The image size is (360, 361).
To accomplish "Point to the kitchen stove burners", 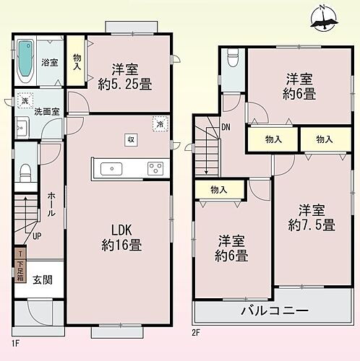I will tap(155, 169).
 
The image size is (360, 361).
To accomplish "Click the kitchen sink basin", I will tap(112, 169).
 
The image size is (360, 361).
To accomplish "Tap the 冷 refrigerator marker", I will tap(159, 123).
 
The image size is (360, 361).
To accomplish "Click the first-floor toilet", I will tap(24, 174).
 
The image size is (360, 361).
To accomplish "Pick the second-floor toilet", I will tap(231, 58).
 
